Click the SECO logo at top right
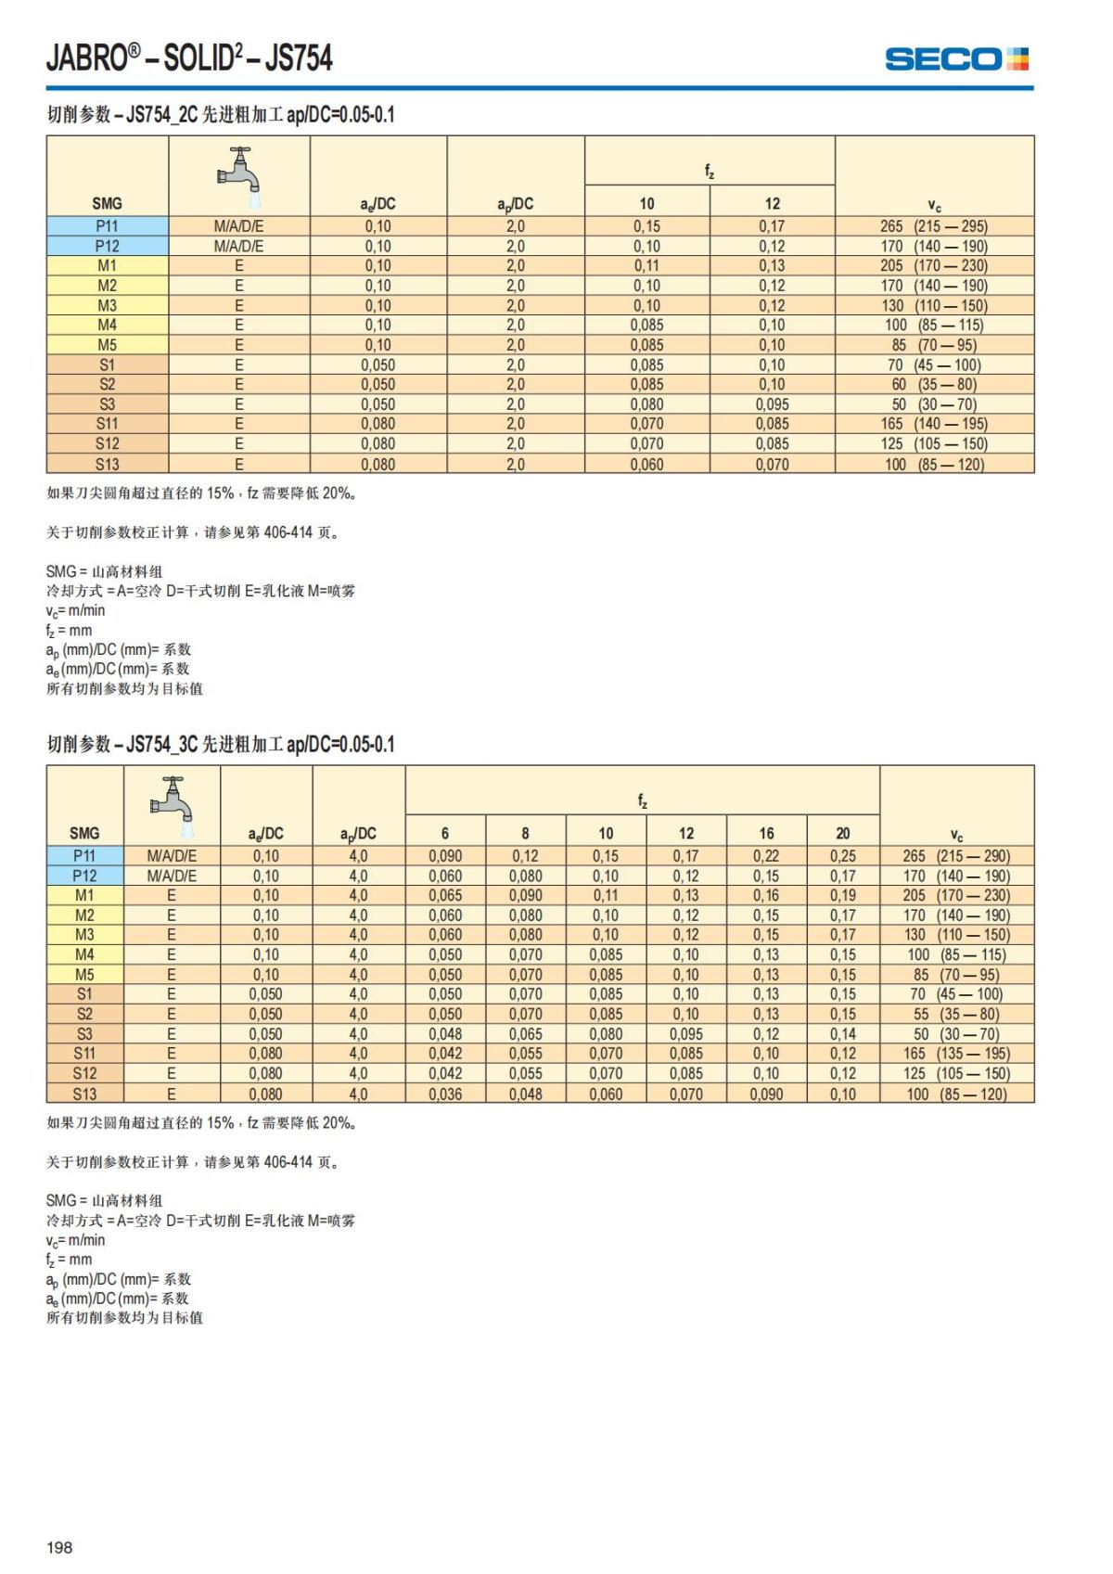click(956, 59)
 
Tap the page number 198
click(59, 1547)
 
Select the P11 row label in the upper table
click(107, 226)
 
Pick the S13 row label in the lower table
click(84, 1094)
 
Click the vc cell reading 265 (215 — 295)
click(934, 226)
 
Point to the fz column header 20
click(842, 833)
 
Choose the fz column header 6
click(445, 833)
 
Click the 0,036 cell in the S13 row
click(445, 1094)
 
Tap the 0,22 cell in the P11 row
click(766, 856)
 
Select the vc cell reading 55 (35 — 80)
click(956, 1014)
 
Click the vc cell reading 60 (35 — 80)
click(934, 384)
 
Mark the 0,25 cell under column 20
click(842, 856)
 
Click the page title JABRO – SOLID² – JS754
click(189, 58)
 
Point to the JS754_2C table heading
click(221, 115)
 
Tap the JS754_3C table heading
click(221, 744)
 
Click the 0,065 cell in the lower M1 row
click(445, 895)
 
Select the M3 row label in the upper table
click(107, 305)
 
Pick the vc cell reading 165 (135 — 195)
click(956, 1054)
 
